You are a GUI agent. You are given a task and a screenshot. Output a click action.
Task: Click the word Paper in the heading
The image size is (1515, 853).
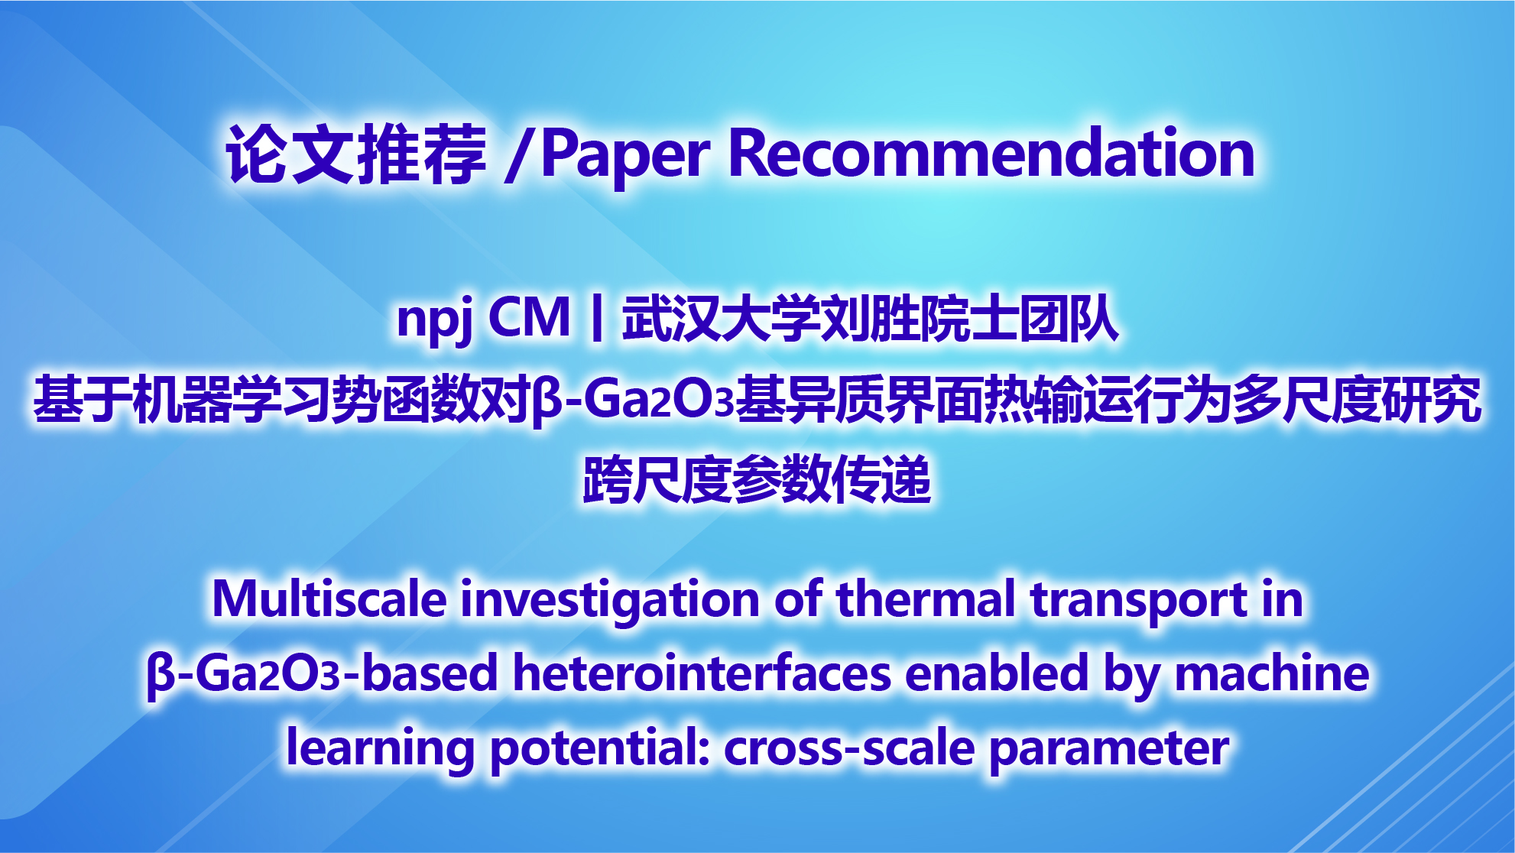(x=626, y=155)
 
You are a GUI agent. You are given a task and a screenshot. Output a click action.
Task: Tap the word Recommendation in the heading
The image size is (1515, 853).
(x=992, y=153)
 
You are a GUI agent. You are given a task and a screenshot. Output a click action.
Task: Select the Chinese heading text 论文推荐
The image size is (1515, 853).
(x=356, y=154)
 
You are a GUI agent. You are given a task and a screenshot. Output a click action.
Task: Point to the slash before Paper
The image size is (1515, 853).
(x=519, y=155)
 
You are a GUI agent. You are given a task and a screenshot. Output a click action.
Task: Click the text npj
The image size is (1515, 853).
(x=435, y=319)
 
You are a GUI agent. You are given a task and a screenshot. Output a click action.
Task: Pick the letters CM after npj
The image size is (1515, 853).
(x=529, y=317)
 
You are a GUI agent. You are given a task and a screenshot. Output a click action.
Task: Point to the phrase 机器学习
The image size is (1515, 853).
(x=232, y=400)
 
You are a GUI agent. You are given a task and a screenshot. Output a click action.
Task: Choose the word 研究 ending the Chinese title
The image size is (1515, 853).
(x=1432, y=400)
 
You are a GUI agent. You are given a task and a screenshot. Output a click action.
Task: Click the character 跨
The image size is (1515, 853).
(x=608, y=479)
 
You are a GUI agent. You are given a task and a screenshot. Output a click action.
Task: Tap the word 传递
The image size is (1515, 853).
(x=881, y=479)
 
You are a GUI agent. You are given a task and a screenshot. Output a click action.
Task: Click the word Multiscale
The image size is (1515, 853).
(x=329, y=598)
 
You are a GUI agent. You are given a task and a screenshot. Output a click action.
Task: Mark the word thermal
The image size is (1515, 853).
(x=926, y=598)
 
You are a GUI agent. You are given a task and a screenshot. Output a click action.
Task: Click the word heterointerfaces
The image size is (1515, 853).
(x=702, y=673)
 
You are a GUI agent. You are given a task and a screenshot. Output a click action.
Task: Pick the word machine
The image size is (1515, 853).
(x=1272, y=673)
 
